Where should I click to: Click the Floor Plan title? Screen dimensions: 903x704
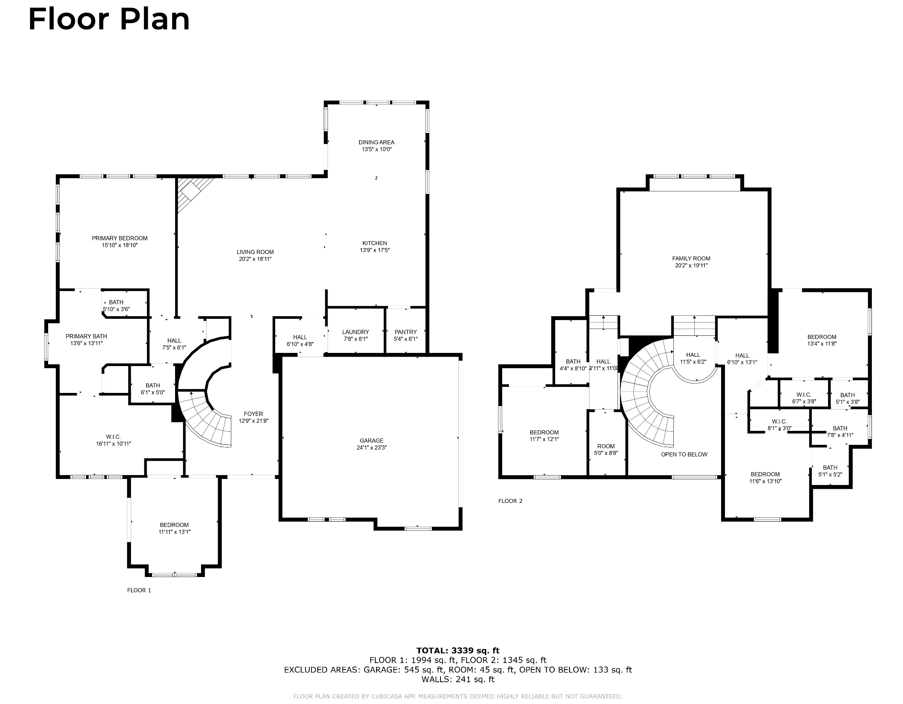tap(109, 20)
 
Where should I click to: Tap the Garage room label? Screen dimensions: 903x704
tap(371, 441)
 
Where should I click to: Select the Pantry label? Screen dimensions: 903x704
tap(405, 332)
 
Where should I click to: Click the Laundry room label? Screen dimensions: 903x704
tap(356, 332)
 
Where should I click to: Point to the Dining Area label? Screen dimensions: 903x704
tap(377, 142)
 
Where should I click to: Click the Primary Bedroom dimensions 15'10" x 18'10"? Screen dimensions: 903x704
tap(120, 245)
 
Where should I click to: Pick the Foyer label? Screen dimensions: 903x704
tap(253, 414)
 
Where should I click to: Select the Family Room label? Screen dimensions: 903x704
tap(691, 258)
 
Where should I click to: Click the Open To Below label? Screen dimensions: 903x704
tap(684, 454)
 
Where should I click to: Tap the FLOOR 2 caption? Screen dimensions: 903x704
tap(510, 501)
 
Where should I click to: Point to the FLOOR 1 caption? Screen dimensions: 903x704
tap(139, 590)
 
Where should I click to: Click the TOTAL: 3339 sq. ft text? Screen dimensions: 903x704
tap(458, 650)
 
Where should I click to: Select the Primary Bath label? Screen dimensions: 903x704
tap(86, 336)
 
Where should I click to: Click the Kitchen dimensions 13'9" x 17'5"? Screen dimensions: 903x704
tap(375, 250)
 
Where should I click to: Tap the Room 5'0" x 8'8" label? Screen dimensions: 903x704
tap(606, 450)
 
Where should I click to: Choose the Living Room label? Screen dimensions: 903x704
tap(256, 252)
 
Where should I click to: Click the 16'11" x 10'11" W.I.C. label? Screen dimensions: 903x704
tap(114, 440)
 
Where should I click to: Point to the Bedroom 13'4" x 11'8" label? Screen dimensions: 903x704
tap(822, 340)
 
